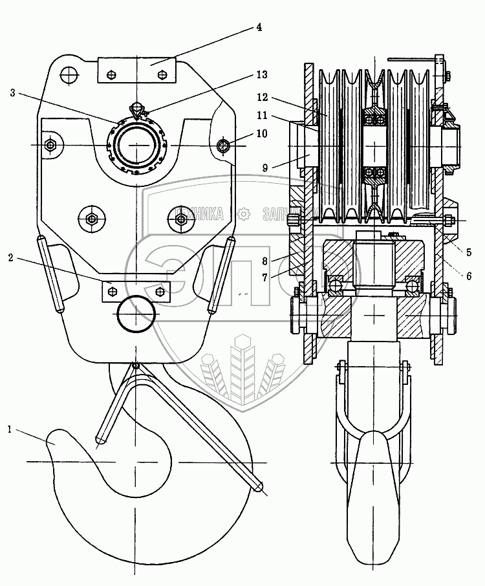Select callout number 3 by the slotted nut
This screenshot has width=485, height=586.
(x=12, y=92)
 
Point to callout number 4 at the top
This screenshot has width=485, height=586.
(x=258, y=27)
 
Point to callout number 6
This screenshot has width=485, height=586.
(x=468, y=276)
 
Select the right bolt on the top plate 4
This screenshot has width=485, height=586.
(x=162, y=74)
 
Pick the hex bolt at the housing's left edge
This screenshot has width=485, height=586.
(x=50, y=145)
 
